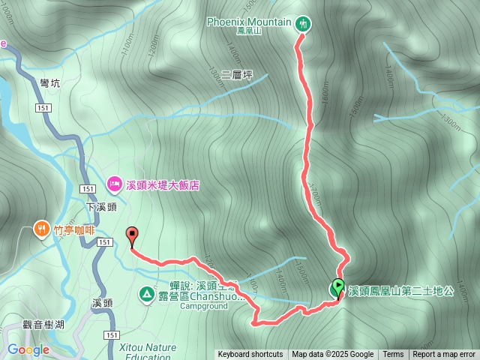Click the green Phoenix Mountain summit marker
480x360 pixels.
coord(303,24)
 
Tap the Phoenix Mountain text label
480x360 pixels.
coord(249,21)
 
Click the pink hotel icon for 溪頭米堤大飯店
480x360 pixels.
coord(115,183)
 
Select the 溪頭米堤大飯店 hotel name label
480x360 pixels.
coord(162,184)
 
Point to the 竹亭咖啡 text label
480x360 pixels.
coord(73,231)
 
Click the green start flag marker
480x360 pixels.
coord(337,287)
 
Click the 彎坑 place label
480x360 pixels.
coord(49,85)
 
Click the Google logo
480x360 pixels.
coord(28,349)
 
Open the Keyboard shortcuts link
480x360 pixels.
coord(250,355)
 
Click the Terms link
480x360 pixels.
coord(393,355)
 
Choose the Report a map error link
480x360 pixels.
coord(444,355)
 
